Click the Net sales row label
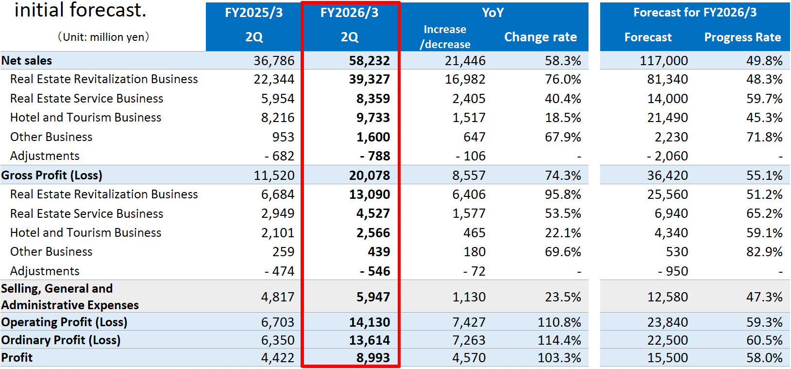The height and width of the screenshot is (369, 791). [27, 61]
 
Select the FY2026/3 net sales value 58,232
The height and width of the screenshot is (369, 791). [369, 61]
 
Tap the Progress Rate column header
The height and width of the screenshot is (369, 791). [742, 37]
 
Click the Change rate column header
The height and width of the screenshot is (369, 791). [540, 37]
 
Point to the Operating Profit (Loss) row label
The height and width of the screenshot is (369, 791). [64, 322]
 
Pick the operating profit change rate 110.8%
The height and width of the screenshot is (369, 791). [559, 322]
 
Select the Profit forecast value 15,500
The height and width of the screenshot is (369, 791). [667, 358]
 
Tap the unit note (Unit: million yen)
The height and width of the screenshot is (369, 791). [103, 37]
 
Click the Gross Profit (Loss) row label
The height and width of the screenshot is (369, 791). [52, 176]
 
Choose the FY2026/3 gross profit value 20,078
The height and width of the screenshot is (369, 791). [369, 176]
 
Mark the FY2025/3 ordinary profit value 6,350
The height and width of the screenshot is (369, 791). [277, 340]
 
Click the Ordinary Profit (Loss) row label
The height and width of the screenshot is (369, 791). [61, 340]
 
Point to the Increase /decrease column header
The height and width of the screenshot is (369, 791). [445, 37]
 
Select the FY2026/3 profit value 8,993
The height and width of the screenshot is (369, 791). [373, 358]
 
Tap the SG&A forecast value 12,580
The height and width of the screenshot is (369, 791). [667, 297]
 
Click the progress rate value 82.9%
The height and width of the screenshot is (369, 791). [764, 252]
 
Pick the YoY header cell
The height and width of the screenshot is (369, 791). [493, 13]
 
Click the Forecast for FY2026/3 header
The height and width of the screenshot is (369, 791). [695, 13]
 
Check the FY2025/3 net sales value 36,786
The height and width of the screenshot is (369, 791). [274, 61]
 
